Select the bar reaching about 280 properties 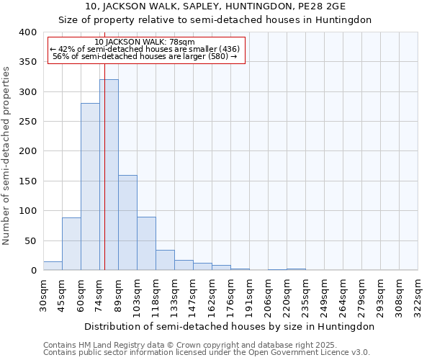[x=90, y=187]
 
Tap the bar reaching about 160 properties [x=127, y=222]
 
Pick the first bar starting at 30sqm [x=53, y=266]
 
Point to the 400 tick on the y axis [x=27, y=32]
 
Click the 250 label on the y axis [x=27, y=122]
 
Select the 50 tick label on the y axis [x=30, y=240]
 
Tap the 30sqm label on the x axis [x=44, y=295]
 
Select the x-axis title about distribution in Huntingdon [x=228, y=326]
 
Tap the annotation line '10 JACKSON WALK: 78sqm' [x=144, y=42]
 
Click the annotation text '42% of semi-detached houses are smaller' [x=144, y=49]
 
